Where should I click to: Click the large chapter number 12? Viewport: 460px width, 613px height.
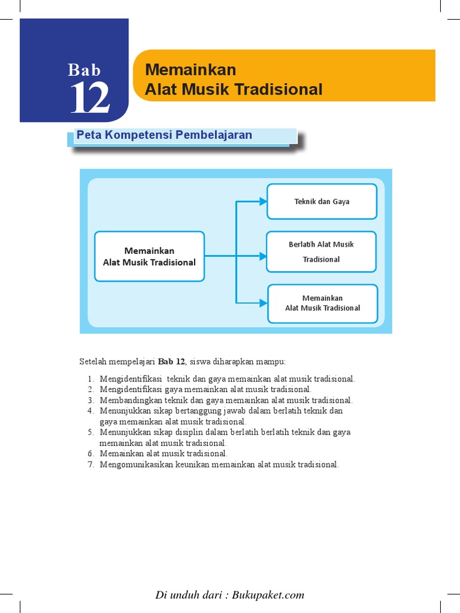[90, 98]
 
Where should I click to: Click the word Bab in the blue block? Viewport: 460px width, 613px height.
[84, 70]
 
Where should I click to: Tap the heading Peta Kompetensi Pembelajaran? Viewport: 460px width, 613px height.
[164, 135]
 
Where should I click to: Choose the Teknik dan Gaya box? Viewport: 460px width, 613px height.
[322, 202]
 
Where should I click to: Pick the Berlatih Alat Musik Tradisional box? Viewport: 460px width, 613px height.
[321, 251]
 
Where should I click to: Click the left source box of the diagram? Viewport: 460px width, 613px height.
[149, 256]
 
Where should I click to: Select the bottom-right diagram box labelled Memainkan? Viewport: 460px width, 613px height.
[322, 303]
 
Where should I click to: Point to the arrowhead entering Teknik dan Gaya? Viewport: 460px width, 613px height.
[263, 202]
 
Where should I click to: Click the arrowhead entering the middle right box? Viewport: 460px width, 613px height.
[263, 256]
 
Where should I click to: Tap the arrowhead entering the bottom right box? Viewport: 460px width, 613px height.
[263, 303]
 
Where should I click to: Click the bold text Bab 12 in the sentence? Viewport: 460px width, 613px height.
[172, 362]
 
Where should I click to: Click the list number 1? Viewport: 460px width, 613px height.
[90, 379]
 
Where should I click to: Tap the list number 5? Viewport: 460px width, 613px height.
[90, 432]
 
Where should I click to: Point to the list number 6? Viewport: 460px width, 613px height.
[90, 454]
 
